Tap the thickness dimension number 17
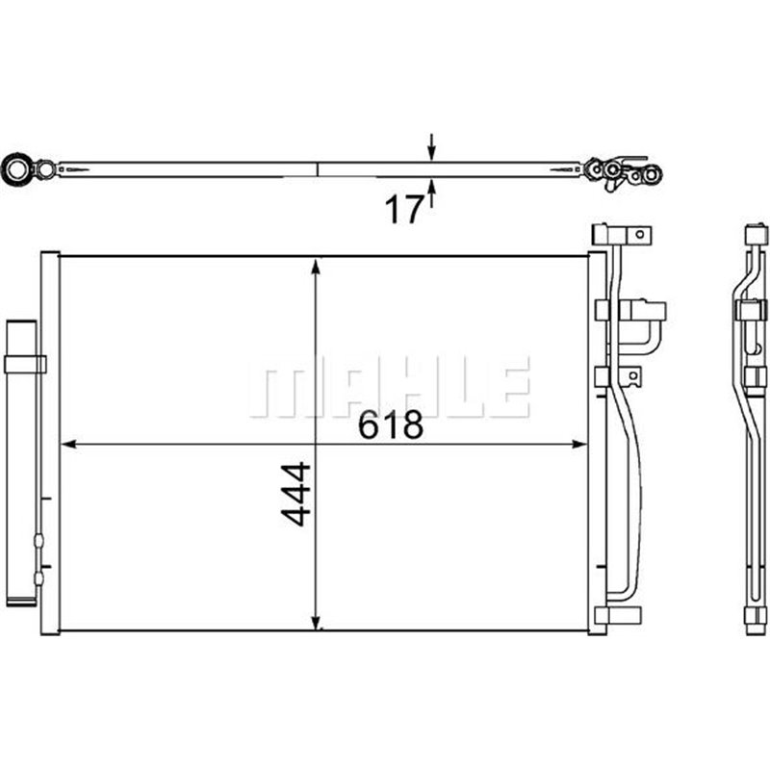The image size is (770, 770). pos(404,209)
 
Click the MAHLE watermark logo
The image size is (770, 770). pos(389,386)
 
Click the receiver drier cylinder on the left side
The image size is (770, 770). pos(22,462)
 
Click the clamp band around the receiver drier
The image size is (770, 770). pos(25,364)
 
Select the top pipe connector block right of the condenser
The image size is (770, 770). pos(622,234)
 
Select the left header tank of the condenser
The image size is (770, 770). pos(50,443)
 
